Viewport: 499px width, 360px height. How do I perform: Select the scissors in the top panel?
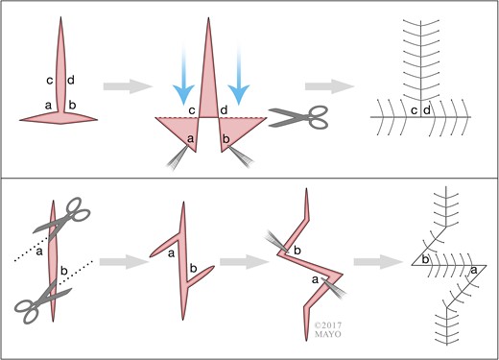tap(293, 117)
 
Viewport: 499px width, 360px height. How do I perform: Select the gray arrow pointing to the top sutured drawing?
tap(333, 86)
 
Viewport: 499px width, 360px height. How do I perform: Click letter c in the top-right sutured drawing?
tap(414, 113)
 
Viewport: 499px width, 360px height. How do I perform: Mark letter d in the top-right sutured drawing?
tap(426, 112)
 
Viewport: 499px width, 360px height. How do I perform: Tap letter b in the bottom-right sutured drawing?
tap(425, 259)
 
